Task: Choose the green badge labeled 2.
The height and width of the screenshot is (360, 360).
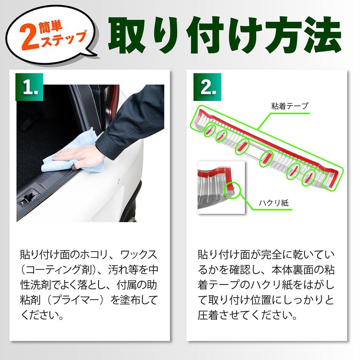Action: tap(207, 87)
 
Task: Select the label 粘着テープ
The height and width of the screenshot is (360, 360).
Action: tap(289, 105)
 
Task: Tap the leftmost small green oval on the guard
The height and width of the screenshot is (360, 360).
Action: tap(210, 130)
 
